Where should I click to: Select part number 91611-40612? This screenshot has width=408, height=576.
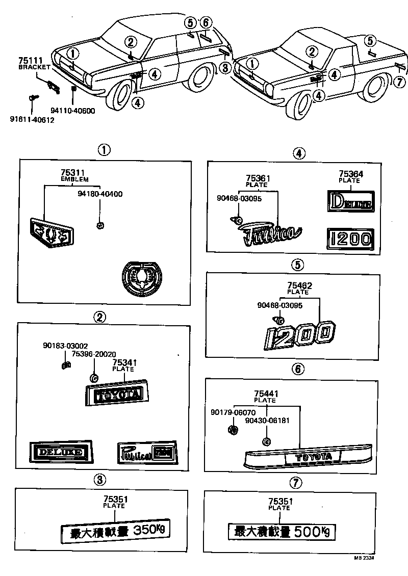(32, 120)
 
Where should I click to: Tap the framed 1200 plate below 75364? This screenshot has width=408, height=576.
(350, 238)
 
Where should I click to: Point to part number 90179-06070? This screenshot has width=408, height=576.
(231, 412)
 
